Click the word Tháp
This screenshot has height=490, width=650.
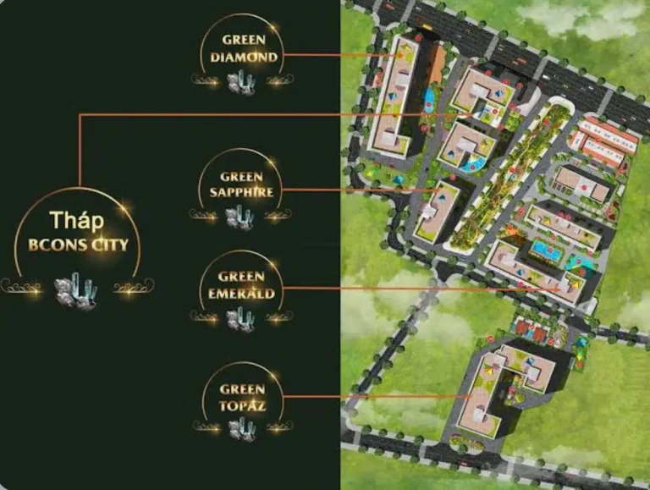coord(76,220)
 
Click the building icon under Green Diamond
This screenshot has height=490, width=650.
coord(240,82)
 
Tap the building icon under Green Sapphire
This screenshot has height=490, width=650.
coord(240,217)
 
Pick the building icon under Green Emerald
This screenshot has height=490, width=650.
coord(240,318)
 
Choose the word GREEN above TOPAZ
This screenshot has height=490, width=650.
coord(242,389)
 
